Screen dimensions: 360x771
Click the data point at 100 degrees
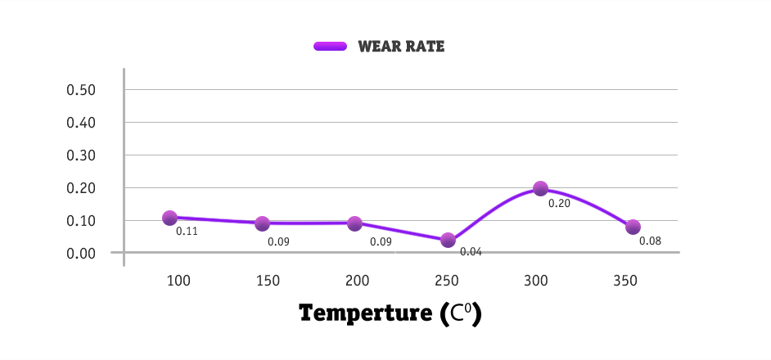(169, 218)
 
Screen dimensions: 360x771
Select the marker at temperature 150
(262, 223)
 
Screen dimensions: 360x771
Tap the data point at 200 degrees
(354, 223)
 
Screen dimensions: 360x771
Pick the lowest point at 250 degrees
(448, 240)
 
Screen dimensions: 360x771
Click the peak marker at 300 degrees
(540, 188)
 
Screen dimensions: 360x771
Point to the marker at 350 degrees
(633, 227)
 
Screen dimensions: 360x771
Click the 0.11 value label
(187, 232)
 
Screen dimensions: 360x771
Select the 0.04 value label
(471, 252)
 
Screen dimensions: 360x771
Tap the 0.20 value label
(559, 203)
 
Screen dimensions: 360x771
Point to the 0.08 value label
(650, 241)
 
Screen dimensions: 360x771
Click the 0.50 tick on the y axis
(82, 89)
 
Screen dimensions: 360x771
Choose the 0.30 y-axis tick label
(82, 155)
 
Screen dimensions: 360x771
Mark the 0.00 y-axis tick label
(82, 253)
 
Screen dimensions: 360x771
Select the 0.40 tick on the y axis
(82, 122)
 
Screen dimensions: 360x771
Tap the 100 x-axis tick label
(178, 281)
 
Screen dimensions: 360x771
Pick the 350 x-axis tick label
(625, 281)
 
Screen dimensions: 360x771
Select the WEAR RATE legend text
(401, 47)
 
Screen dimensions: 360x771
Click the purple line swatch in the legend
(331, 47)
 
